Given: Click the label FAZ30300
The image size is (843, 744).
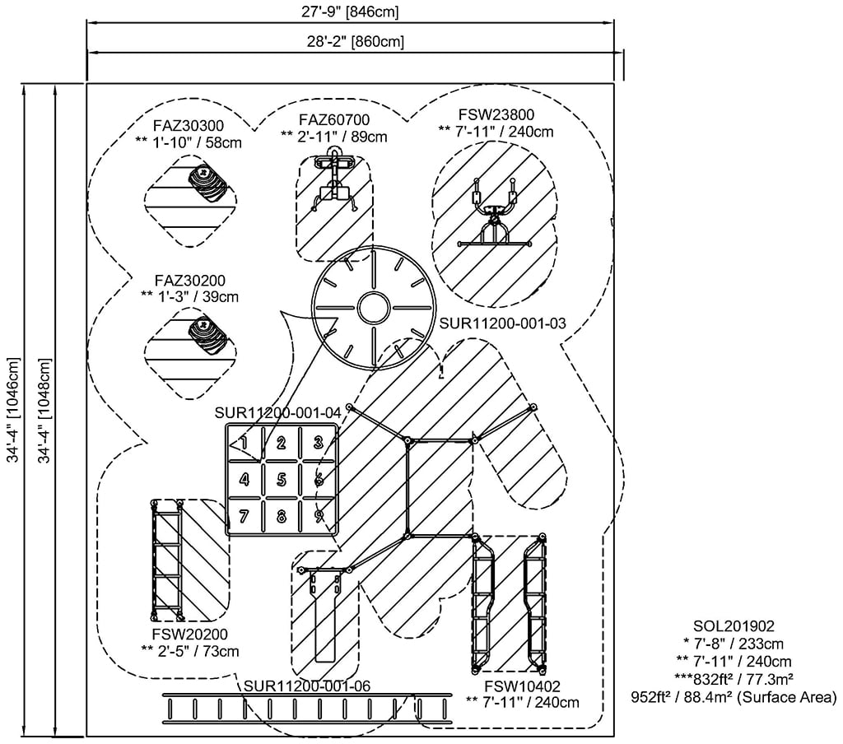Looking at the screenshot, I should point(188,126).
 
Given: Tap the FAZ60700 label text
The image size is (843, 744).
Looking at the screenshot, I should point(333,121).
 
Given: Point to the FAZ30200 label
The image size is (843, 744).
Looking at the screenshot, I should point(189,280).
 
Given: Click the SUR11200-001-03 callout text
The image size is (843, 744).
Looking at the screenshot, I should point(502,323).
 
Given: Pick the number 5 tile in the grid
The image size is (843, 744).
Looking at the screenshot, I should point(281,480).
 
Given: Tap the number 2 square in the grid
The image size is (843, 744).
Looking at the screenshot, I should point(281,444).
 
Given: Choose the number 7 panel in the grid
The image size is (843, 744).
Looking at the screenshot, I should point(244,517).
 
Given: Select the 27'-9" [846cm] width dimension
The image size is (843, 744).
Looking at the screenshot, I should point(351,12).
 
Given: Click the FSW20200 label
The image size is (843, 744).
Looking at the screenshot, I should point(189,635).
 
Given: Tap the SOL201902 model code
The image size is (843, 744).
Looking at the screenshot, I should point(733,626).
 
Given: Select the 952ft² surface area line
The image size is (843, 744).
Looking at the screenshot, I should point(733,698).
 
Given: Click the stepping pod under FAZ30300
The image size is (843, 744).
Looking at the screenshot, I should point(210,183).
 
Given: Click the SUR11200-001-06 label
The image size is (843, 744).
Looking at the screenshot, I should point(307,686).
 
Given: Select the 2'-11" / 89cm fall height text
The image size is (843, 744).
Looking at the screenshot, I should point(333,137).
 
